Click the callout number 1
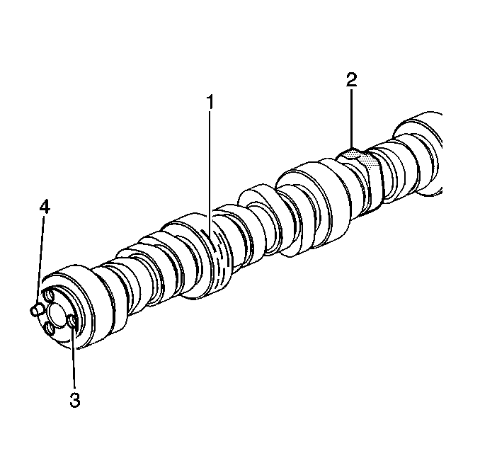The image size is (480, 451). [210, 102]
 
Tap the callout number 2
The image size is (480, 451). [352, 79]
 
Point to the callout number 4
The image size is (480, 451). [45, 207]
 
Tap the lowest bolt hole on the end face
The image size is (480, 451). [49, 329]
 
